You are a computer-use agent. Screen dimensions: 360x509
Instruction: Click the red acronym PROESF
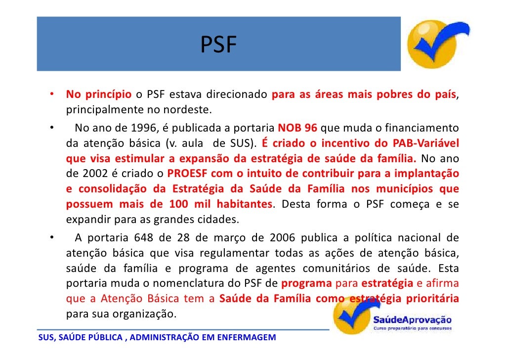188,174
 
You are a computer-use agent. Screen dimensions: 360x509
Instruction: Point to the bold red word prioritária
432,299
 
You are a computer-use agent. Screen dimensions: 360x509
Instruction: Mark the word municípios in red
410,189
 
